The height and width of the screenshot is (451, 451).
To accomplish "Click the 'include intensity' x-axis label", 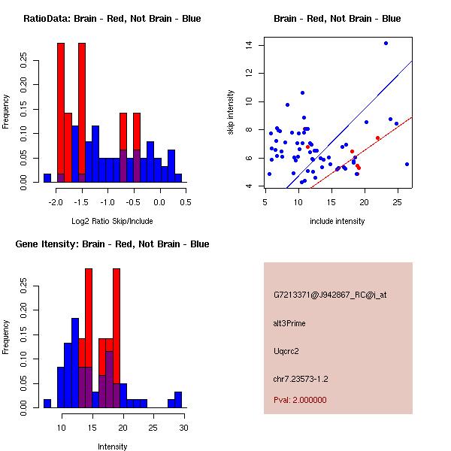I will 337,221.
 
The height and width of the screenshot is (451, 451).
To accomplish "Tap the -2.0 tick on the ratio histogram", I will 56,202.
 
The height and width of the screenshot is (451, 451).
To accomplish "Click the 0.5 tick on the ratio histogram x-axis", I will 186,202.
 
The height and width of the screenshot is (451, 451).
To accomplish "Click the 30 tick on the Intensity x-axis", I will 184,428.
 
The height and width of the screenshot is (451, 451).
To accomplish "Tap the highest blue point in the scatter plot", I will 386,43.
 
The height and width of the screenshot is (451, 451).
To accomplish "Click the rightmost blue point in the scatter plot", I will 407,164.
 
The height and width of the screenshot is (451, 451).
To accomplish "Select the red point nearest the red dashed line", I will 377,138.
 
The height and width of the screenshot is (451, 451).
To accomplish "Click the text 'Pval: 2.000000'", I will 300,400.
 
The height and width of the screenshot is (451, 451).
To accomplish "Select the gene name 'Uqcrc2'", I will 286,351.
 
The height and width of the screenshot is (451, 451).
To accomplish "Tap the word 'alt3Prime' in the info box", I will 289,323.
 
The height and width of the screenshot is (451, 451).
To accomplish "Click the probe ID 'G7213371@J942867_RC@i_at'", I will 330,295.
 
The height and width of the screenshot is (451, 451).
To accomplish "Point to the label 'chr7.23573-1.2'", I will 301,378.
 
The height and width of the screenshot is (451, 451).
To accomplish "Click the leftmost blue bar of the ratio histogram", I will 47,177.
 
